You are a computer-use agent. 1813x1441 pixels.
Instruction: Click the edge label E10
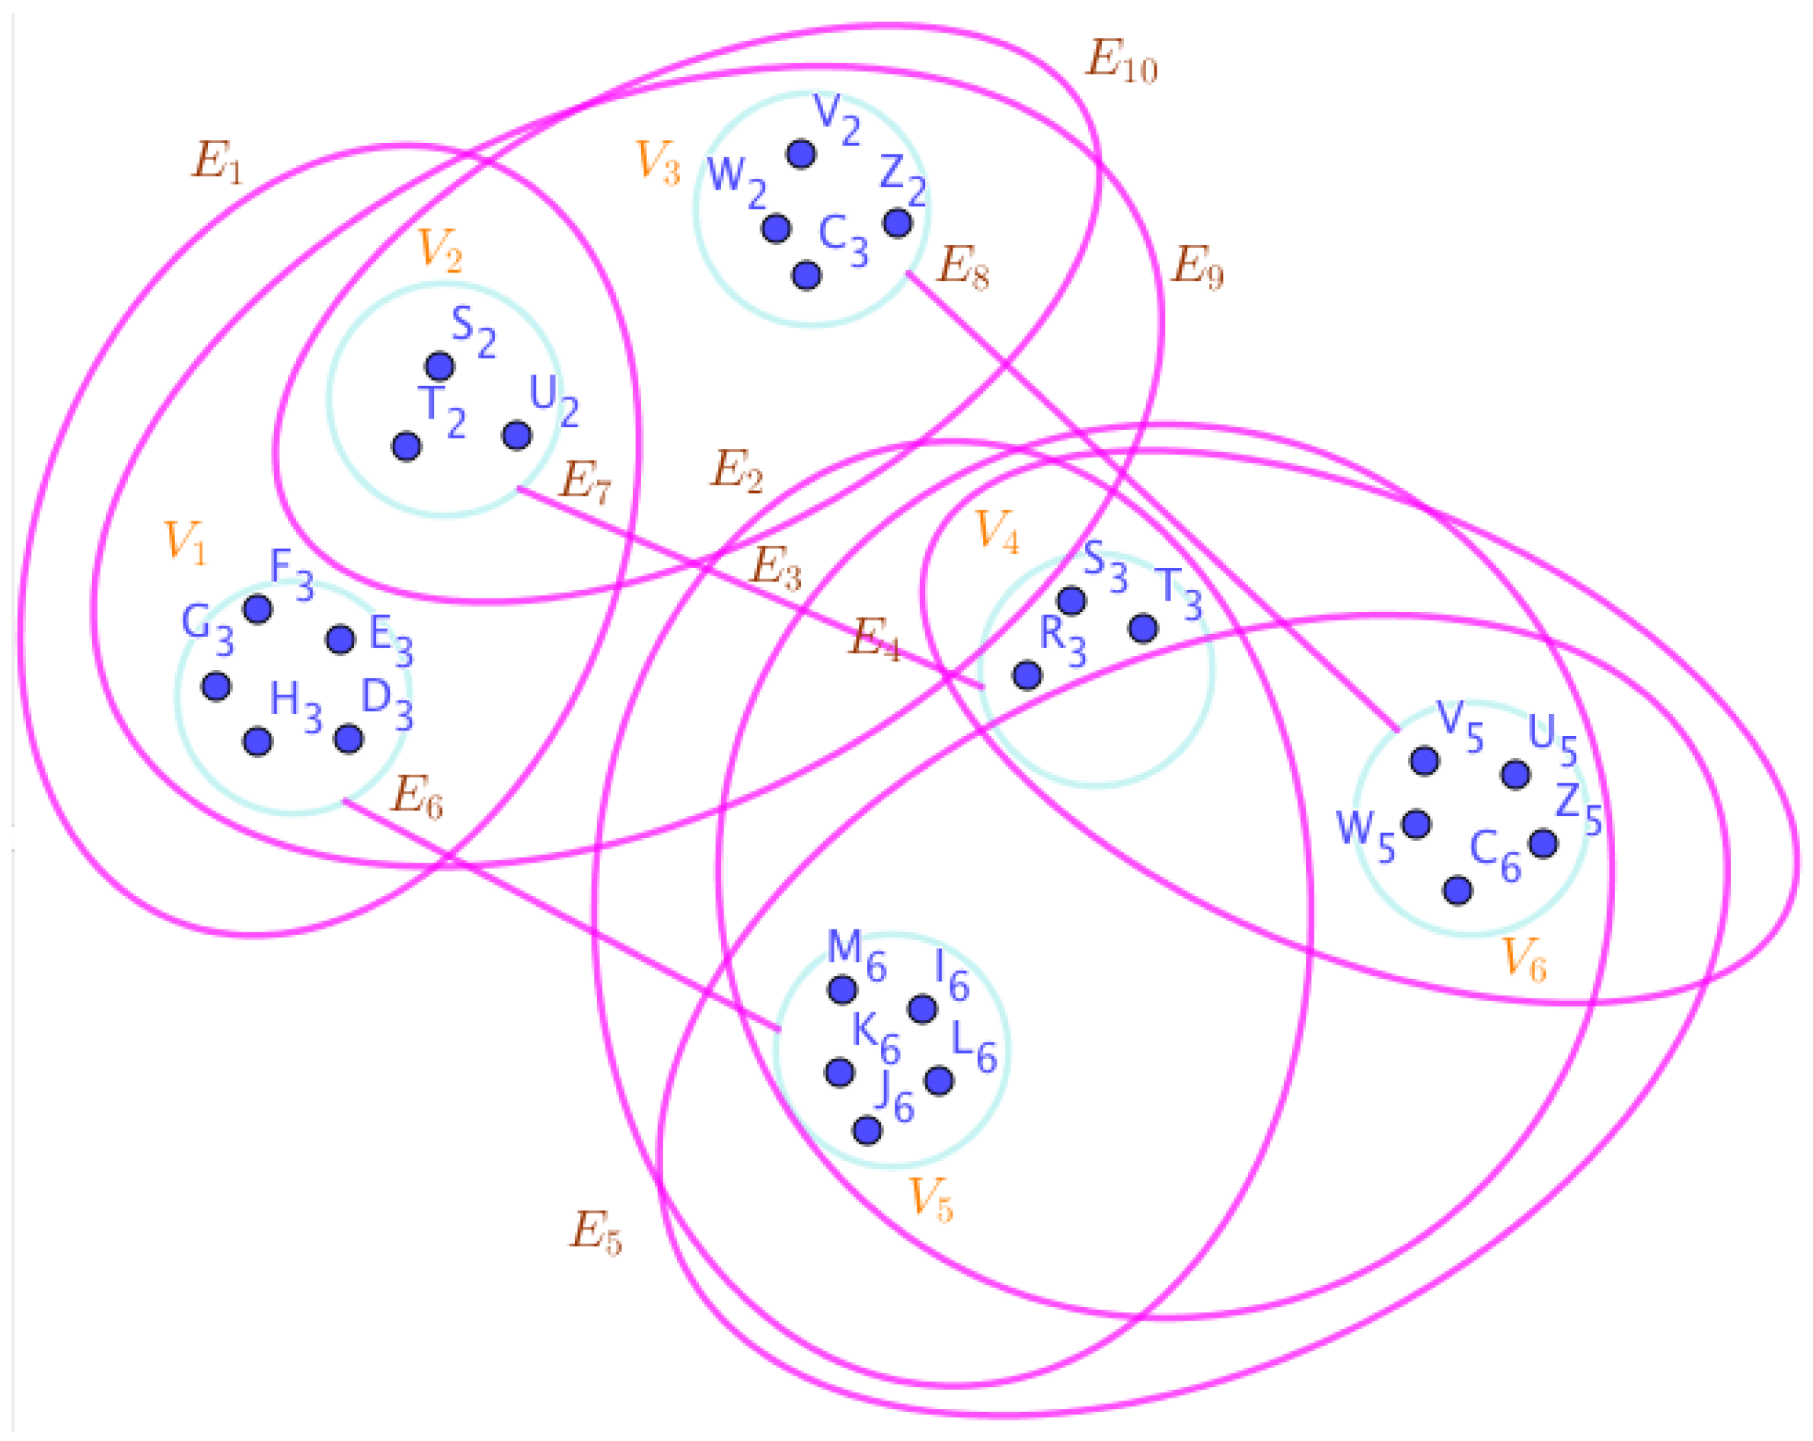tap(1121, 62)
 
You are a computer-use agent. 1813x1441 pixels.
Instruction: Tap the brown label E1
tap(217, 161)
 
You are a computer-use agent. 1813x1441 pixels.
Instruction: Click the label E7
tap(586, 482)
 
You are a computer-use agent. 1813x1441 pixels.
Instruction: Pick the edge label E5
tap(595, 1232)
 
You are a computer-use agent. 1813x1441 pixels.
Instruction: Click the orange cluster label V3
tap(658, 161)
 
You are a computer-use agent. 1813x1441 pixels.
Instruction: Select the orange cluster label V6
tap(1524, 958)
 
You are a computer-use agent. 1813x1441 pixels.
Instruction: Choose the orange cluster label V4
tap(997, 531)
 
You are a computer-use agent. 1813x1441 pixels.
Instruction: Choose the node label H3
tap(295, 705)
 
